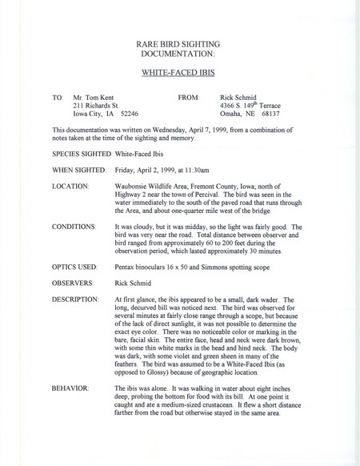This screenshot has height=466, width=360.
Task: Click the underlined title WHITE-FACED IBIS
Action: pos(179,72)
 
